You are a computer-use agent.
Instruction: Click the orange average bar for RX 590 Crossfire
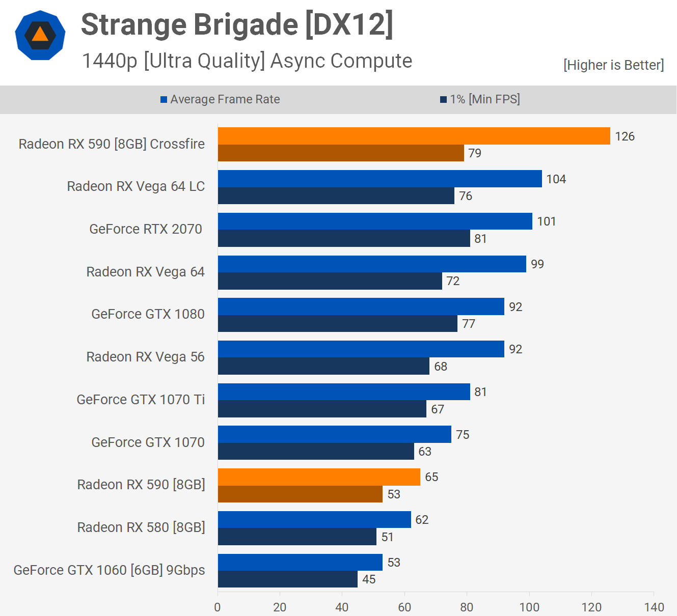point(414,136)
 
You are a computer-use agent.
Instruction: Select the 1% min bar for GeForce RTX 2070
point(344,238)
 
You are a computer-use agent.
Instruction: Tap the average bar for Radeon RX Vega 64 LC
point(380,179)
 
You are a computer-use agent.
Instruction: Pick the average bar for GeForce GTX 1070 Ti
point(344,391)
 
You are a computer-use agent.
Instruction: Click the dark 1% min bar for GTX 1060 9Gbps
point(287,579)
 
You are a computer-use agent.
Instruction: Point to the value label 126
point(625,136)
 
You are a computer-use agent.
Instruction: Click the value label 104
point(556,179)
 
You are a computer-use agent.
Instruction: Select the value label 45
point(369,579)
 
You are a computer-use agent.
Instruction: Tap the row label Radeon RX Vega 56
point(145,357)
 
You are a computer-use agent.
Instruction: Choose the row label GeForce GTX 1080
point(148,314)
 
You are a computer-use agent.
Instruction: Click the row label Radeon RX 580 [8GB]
point(141,527)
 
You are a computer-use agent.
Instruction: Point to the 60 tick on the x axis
point(404,607)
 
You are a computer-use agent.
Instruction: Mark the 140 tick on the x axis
point(654,607)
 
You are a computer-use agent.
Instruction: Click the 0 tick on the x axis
point(218,607)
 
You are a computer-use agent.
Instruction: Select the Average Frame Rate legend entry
point(220,99)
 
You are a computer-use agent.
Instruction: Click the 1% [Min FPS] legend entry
point(480,99)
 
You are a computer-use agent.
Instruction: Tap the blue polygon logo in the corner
point(40,35)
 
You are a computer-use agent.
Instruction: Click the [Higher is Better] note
point(613,65)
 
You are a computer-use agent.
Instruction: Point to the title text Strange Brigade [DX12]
point(237,24)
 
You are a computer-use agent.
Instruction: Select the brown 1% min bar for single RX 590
point(300,494)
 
